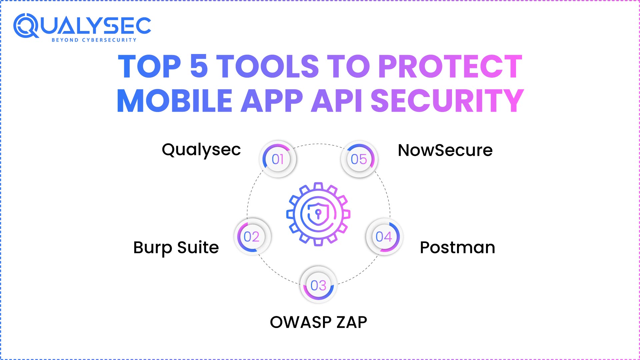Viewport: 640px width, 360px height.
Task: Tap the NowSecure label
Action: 445,150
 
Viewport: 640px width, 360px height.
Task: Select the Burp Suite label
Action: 176,248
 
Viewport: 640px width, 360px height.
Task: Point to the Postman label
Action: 457,248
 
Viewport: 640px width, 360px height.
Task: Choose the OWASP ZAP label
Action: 318,322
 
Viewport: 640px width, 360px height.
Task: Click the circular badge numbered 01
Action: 278,159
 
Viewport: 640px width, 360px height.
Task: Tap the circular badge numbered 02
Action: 252,237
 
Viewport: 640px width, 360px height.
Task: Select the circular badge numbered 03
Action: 318,285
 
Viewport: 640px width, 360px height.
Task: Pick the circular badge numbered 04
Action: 384,237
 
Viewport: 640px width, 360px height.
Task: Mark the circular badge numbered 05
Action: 359,159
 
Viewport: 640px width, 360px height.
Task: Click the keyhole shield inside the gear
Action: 318,214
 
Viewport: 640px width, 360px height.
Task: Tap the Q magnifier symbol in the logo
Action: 26,26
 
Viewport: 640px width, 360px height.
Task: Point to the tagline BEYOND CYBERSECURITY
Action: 94,40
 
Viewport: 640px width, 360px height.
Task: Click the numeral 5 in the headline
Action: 199,66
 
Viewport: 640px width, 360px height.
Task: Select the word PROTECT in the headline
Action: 450,67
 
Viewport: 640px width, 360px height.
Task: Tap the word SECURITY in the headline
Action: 447,101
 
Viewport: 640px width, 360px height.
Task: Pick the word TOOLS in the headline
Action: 268,66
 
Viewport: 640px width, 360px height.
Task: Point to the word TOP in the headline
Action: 150,67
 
